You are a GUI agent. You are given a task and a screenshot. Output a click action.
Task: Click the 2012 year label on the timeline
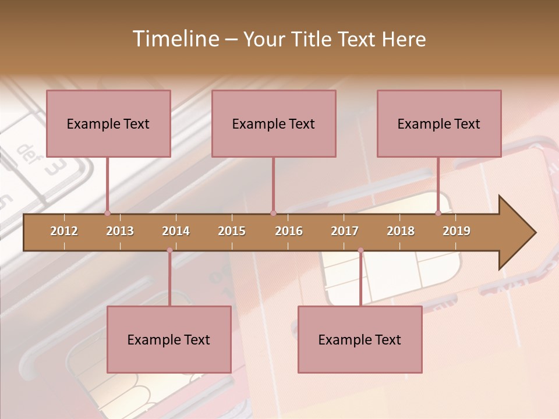pos(64,231)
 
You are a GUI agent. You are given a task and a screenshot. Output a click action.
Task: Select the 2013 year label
pos(120,231)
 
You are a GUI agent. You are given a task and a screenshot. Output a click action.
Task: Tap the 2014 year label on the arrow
pos(176,231)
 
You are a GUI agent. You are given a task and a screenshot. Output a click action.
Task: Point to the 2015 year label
pos(232,231)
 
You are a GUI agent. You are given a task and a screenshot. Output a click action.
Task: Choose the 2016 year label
pos(289,231)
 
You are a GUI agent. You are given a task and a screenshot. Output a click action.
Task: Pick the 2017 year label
pos(345,231)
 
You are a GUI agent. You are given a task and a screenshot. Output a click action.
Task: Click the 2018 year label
pos(401,231)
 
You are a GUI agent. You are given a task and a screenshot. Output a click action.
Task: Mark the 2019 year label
pos(457,231)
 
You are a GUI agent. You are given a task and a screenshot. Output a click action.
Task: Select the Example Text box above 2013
pos(108,123)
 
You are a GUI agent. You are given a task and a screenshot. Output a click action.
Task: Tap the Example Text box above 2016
pos(274,123)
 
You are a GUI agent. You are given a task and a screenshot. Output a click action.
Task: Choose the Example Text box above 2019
pos(439,123)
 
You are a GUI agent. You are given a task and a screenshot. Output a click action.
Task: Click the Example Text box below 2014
pos(169,339)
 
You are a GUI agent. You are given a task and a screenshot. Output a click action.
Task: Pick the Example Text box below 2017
pos(360,339)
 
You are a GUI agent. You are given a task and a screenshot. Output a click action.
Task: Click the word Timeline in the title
pos(175,39)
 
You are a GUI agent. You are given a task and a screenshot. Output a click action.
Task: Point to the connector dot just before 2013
pos(108,213)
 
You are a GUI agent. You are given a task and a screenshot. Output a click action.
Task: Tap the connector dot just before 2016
pos(273,213)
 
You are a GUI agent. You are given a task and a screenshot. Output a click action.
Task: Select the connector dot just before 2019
pos(438,213)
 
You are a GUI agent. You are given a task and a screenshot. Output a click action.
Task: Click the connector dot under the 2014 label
pos(169,250)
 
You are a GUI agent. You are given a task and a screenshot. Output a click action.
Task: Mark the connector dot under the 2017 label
pos(360,250)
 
